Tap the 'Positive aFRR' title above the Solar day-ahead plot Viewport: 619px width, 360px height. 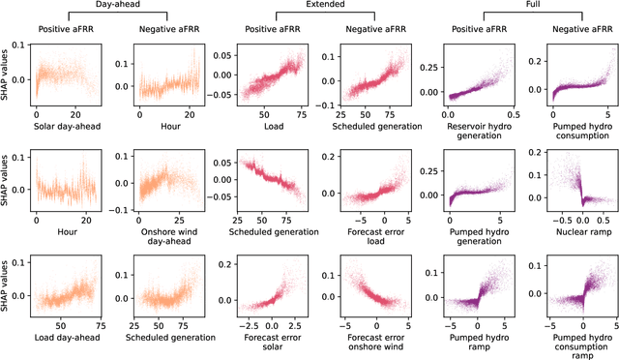(68, 29)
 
